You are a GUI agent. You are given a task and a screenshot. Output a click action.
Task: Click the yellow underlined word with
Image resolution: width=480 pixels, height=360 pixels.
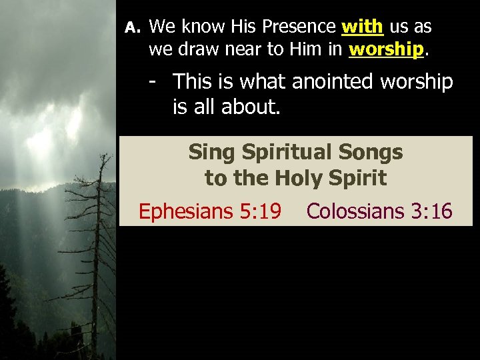(x=362, y=27)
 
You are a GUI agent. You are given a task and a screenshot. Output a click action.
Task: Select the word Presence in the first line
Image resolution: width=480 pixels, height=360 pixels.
(x=299, y=27)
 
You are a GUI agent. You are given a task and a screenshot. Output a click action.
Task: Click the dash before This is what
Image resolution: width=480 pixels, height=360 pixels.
(x=153, y=81)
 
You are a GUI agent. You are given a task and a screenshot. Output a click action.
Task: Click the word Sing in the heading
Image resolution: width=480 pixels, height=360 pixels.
(x=209, y=153)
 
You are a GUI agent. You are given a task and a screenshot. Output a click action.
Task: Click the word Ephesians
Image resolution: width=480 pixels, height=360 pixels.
(x=185, y=211)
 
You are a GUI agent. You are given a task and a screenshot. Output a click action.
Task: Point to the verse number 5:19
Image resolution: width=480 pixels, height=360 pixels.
(x=261, y=211)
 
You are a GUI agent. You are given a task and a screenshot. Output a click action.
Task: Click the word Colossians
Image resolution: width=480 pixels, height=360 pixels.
(x=355, y=211)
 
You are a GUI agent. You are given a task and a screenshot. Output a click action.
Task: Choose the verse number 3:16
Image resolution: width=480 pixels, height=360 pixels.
(x=432, y=211)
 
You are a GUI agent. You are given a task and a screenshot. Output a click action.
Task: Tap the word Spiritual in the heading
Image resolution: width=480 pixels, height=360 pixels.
(x=288, y=152)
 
